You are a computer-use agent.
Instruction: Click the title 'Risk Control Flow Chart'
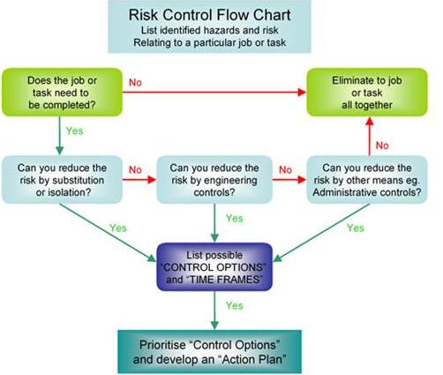(209, 15)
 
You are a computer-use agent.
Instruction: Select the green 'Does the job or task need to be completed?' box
(62, 93)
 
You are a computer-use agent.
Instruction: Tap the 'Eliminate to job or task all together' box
(367, 93)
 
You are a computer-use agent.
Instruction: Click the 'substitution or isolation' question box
(62, 180)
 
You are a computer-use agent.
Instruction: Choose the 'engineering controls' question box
(214, 180)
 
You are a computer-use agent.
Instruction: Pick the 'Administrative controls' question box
(367, 180)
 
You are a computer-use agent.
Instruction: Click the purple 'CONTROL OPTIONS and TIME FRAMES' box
(214, 266)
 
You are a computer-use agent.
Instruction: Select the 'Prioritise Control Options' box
(210, 352)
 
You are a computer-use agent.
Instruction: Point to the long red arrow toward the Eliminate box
(214, 93)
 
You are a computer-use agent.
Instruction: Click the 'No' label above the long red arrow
(135, 83)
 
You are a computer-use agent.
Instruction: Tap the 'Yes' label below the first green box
(75, 131)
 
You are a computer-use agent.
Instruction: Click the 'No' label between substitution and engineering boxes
(135, 169)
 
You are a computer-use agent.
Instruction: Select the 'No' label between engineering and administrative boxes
(285, 169)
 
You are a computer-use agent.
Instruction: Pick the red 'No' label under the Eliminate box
(382, 146)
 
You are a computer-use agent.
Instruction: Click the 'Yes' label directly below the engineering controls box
(235, 218)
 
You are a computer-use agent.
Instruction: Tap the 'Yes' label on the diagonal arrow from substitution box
(118, 228)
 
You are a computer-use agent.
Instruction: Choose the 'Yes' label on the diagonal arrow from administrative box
(356, 228)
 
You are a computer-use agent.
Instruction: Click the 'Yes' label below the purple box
(235, 305)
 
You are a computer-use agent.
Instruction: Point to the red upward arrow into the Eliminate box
(370, 136)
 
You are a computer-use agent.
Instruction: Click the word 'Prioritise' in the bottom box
(162, 345)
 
